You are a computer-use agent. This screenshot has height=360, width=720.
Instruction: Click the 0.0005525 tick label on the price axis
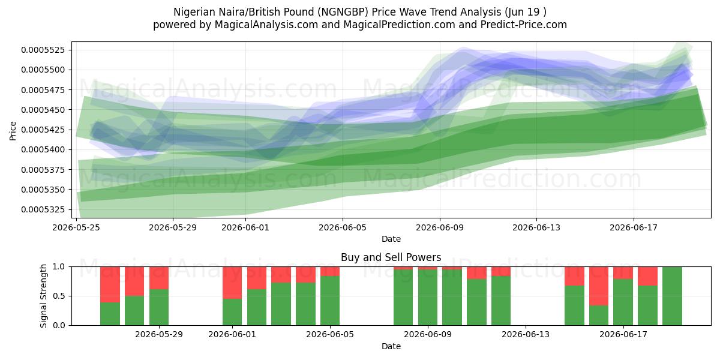pos(43,50)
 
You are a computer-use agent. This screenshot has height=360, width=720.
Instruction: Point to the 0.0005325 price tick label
pos(43,209)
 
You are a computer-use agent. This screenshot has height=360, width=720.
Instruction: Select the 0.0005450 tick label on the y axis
pos(43,110)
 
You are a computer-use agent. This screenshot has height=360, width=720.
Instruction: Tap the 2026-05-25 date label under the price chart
pos(76,227)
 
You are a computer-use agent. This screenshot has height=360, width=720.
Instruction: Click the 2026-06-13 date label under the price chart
pos(536,227)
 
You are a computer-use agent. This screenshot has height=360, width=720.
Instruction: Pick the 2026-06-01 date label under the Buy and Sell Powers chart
pos(232,334)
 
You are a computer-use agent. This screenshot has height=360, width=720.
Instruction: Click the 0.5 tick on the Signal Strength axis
pos(59,296)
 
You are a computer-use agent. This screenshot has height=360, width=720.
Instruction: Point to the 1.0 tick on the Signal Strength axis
pos(59,266)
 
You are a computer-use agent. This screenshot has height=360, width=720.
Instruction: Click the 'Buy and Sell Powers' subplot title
pos(391,257)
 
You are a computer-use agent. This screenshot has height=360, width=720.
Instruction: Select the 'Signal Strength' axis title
pos(43,296)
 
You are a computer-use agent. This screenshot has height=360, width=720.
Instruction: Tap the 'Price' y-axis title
pos(13,131)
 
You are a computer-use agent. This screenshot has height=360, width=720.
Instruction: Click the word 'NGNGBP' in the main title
pos(344,12)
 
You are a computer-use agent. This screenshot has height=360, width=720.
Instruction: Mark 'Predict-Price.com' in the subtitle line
pos(524,25)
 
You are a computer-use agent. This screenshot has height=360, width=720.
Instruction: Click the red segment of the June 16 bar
pos(599,286)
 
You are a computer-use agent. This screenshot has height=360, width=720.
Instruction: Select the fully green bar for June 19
pos(672,296)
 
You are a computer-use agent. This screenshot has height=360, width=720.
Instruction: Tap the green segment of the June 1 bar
pos(232,312)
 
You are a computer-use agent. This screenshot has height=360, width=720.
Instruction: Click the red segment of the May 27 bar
pos(134,281)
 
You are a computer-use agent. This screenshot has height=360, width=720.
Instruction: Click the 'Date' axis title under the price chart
pos(391,239)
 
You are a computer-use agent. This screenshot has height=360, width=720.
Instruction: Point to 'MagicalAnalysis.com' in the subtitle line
pos(266,25)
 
